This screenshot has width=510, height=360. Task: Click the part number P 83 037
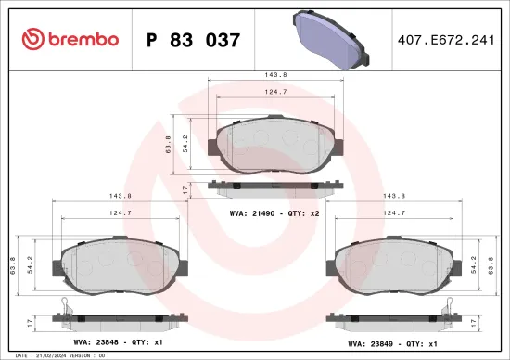point(194,40)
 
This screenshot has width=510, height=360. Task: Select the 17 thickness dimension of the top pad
point(185,188)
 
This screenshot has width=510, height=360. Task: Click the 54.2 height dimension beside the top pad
point(185,144)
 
